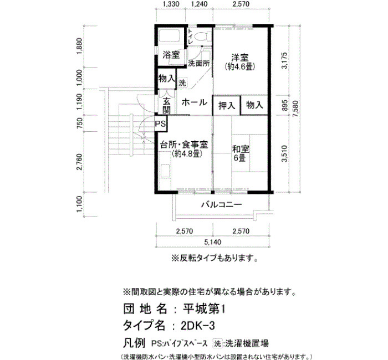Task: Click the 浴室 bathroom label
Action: click(171, 55)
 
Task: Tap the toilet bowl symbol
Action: click(203, 37)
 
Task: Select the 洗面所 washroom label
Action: click(198, 63)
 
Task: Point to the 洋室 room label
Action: click(240, 58)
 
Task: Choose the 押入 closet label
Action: click(226, 106)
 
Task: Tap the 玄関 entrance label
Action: click(167, 106)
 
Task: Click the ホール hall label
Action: click(194, 102)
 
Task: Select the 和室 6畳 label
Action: click(240, 153)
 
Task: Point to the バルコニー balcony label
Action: click(221, 205)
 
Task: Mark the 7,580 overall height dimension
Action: click(295, 109)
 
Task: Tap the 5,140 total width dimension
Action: click(213, 242)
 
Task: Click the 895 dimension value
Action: click(285, 105)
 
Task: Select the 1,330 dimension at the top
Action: click(171, 4)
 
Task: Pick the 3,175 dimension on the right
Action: click(285, 60)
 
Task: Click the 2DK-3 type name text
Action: click(198, 326)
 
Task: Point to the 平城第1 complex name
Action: click(204, 309)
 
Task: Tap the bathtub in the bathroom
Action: click(169, 36)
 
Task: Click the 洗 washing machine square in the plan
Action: click(182, 83)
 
